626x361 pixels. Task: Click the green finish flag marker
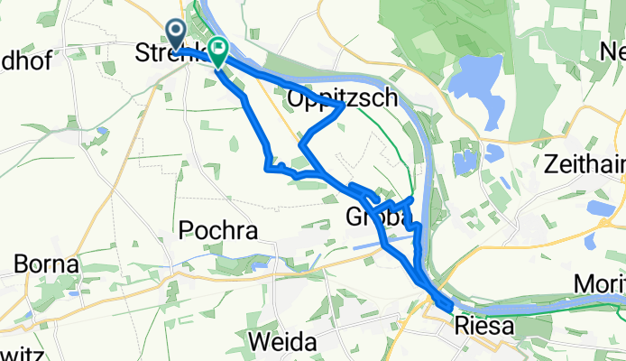coord(217,48)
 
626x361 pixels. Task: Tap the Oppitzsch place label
coord(342,97)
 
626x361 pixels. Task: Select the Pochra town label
coord(219,230)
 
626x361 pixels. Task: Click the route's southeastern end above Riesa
coord(448,307)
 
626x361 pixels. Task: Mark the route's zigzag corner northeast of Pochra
coord(267,166)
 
